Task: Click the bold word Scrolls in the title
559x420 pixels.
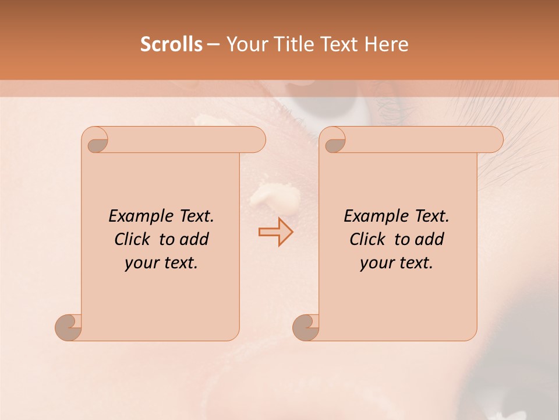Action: coord(172,44)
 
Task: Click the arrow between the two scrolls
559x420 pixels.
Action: coord(275,232)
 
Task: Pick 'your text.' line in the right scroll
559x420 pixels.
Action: coord(397,263)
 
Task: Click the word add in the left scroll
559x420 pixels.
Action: coord(194,239)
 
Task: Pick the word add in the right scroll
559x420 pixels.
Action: coord(430,239)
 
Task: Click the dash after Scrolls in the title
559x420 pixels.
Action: coord(213,44)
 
